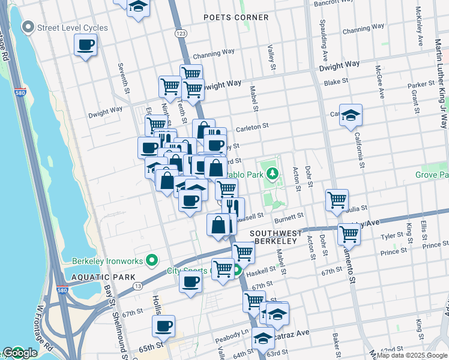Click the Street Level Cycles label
(73, 28)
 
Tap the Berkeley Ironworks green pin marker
(152, 260)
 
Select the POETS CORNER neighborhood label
(236, 17)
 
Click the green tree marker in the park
(274, 173)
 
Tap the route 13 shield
(137, 287)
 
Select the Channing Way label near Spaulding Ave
(363, 30)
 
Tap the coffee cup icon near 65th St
(163, 326)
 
